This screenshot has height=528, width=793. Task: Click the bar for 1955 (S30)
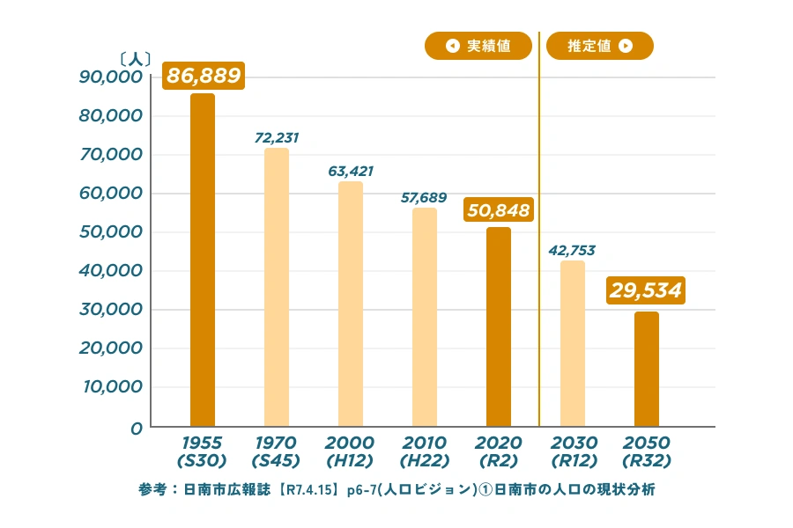203,260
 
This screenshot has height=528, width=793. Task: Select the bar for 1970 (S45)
277,288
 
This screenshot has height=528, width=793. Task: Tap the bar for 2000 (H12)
351,304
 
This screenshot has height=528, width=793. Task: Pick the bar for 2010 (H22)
425,318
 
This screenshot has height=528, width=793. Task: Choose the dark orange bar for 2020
499,327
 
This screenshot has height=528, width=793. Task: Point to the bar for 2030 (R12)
573,344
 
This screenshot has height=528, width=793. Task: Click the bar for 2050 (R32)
647,370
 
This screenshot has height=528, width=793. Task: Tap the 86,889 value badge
204,76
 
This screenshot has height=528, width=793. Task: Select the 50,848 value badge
499,210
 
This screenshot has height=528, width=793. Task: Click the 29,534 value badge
647,290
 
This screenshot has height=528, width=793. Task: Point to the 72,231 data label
278,137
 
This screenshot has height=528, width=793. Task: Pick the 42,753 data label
572,251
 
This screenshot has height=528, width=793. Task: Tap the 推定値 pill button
600,46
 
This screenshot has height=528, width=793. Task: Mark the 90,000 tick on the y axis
111,77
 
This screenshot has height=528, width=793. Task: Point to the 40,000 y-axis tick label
111,271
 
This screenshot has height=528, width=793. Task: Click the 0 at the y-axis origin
137,429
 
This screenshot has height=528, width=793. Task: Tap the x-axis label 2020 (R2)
499,451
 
